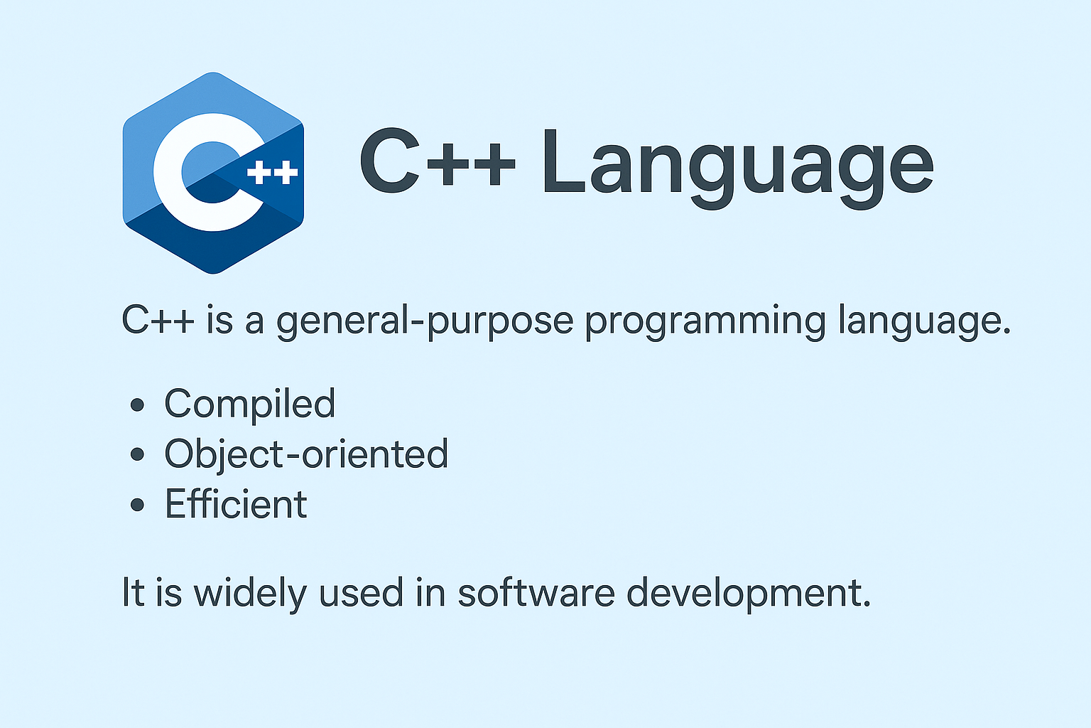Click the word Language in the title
point(737,165)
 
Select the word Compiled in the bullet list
point(249,404)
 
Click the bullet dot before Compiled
point(138,405)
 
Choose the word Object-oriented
point(306,454)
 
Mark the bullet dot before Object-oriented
point(138,455)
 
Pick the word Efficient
point(236,505)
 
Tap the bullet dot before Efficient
point(138,505)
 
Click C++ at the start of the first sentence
point(158,320)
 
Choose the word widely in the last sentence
point(249,594)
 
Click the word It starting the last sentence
point(134,592)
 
